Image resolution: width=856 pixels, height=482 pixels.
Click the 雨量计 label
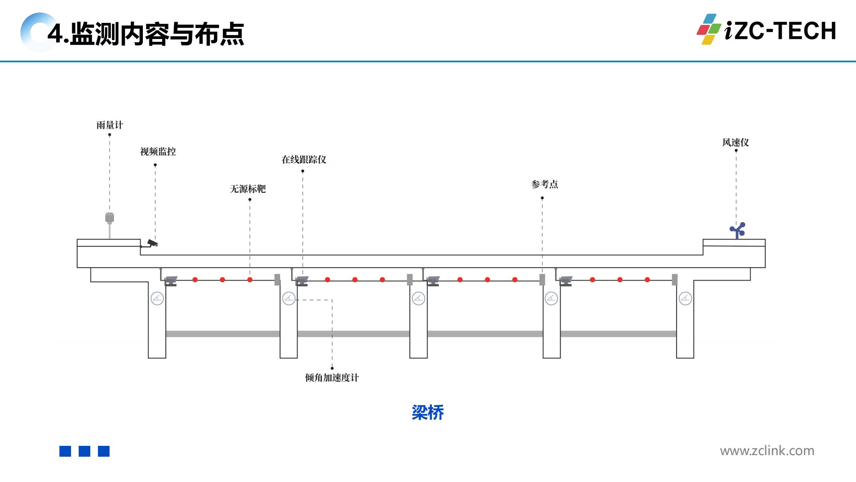click(x=110, y=125)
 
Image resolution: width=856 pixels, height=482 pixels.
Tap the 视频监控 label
click(x=158, y=152)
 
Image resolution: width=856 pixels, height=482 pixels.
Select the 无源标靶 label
click(x=248, y=189)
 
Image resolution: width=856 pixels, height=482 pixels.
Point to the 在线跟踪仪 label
click(x=304, y=160)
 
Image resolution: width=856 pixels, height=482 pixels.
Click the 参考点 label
click(x=545, y=184)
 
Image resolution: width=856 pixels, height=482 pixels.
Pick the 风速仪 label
click(x=735, y=143)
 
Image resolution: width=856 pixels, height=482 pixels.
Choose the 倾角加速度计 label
click(x=332, y=378)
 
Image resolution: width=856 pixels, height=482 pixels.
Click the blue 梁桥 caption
click(x=428, y=413)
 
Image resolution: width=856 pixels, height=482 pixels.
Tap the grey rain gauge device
click(x=110, y=218)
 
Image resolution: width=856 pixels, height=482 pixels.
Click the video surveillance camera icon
click(x=152, y=243)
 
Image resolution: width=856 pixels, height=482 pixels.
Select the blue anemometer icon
click(x=738, y=230)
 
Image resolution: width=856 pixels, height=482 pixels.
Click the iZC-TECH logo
click(x=767, y=30)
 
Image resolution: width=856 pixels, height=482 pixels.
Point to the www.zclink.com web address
click(x=767, y=451)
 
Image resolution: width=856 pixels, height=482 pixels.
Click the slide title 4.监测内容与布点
click(x=146, y=34)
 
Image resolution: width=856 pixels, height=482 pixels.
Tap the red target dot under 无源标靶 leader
click(x=250, y=280)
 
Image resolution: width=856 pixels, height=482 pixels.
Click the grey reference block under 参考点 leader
click(x=542, y=280)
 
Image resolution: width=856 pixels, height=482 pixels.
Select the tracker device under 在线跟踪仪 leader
click(x=302, y=281)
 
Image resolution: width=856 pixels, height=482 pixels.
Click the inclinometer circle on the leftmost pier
click(x=157, y=298)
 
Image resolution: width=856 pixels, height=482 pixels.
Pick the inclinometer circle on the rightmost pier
click(x=685, y=298)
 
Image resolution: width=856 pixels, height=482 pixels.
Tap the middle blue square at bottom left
click(x=84, y=451)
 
